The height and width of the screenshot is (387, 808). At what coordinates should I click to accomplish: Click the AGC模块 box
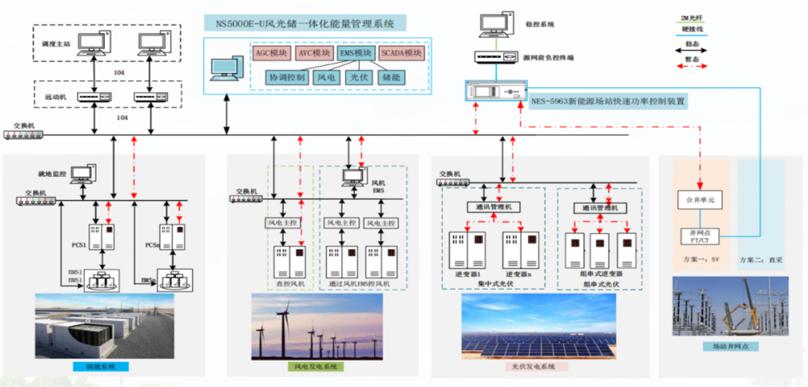[271, 54]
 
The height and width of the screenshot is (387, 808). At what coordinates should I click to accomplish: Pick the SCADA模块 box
[401, 54]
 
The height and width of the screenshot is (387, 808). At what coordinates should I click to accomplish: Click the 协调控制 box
[288, 77]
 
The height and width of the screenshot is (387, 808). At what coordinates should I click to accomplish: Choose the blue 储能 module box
[391, 77]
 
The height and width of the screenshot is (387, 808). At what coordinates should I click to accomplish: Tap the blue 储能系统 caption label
[100, 367]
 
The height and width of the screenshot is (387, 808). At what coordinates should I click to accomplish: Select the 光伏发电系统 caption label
[534, 367]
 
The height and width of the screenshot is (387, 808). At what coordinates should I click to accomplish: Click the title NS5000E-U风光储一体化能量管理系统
[305, 24]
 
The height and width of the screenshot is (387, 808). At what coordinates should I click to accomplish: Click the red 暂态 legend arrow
[691, 66]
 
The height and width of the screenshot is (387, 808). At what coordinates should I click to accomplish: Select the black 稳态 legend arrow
[691, 50]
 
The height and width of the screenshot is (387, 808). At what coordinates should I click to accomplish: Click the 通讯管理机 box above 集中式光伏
[493, 207]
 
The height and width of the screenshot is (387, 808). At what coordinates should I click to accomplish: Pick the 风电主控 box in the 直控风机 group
[283, 223]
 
